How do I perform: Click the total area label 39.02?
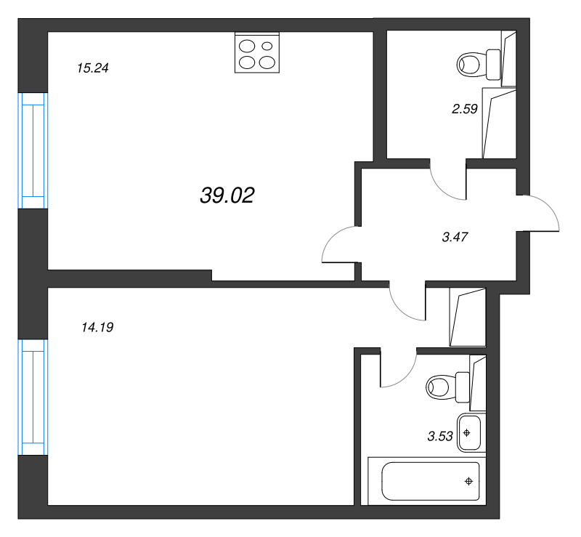[x=227, y=195]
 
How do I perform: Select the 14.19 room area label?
[x=97, y=328]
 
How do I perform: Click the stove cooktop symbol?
[x=258, y=53]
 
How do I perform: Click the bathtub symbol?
[x=424, y=480]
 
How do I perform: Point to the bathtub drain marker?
[x=469, y=480]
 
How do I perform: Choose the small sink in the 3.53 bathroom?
[x=469, y=433]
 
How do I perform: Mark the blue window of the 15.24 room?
[x=33, y=150]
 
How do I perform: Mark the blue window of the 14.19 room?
[x=33, y=397]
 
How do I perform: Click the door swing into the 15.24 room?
[x=339, y=246]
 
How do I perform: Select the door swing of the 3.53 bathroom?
[x=397, y=368]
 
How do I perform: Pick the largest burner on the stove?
[x=248, y=62]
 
